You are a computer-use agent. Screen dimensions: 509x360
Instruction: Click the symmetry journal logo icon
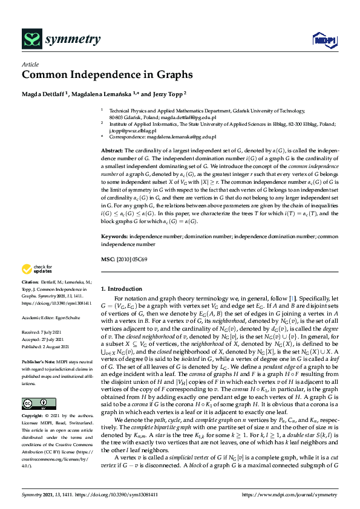tap(31, 40)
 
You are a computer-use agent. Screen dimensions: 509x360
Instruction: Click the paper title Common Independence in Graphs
tap(108, 75)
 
